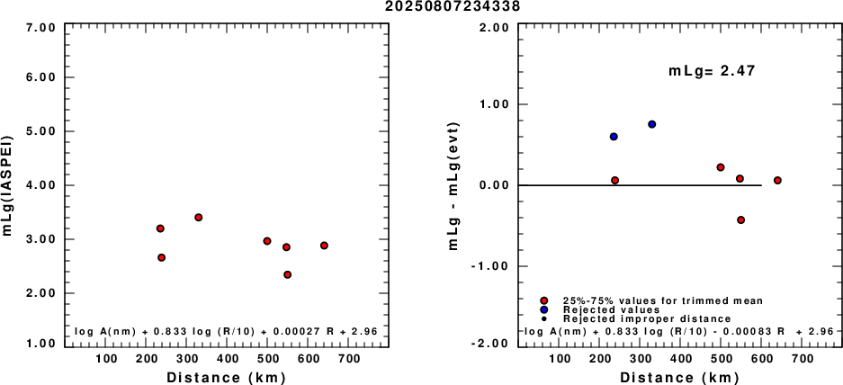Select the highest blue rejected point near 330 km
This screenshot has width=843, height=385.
(x=652, y=124)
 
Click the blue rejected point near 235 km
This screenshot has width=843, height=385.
(x=614, y=137)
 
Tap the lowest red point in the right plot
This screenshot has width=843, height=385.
(x=740, y=219)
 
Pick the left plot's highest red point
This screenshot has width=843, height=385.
(x=198, y=217)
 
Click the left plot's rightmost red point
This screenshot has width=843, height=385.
(x=324, y=246)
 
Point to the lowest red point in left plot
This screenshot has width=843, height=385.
(x=287, y=274)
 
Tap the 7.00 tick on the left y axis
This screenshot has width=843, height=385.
(x=42, y=27)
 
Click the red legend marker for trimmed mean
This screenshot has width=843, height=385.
(x=544, y=300)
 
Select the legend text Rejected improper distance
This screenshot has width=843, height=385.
(x=647, y=318)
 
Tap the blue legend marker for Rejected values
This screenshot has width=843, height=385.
(x=544, y=309)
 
